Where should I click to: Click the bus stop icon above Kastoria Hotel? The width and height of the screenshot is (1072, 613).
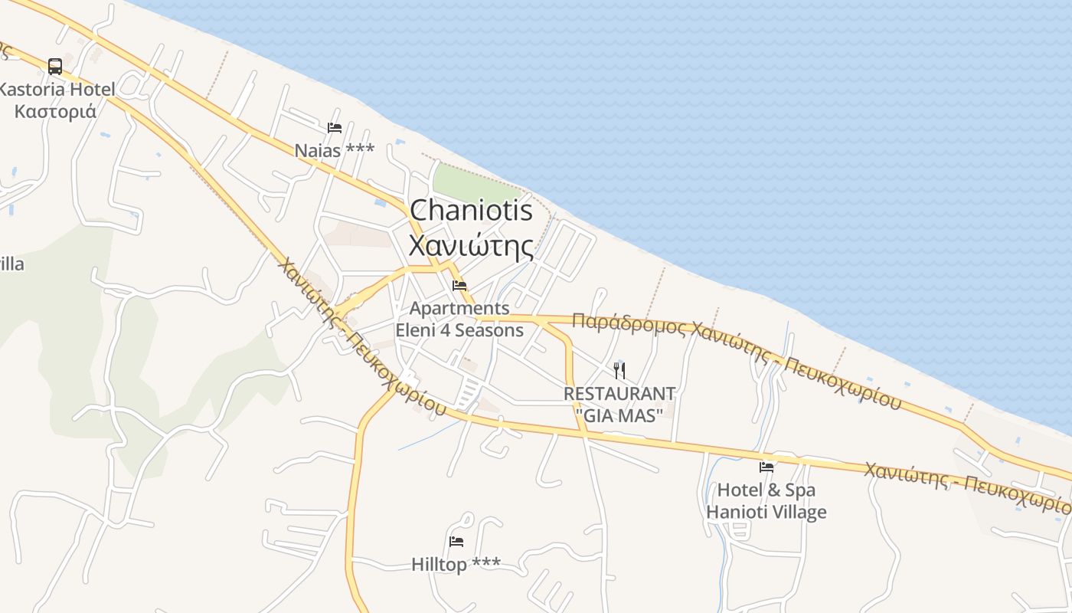[54, 66]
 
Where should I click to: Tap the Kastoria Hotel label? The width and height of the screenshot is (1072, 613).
[58, 90]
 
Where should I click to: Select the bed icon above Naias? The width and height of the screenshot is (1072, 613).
[335, 128]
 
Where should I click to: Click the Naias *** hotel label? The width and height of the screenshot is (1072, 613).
[335, 149]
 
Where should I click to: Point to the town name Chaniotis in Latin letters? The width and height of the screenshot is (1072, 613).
[471, 210]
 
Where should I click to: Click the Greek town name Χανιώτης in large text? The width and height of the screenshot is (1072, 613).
[471, 246]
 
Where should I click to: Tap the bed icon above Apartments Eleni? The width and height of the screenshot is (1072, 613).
[459, 286]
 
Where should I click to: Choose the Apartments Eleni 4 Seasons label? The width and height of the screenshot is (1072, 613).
[459, 320]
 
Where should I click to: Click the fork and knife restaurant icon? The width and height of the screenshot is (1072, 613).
[619, 371]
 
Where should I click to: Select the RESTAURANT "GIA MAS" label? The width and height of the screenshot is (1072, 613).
[619, 405]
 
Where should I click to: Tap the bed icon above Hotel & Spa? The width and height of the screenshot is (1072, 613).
[766, 467]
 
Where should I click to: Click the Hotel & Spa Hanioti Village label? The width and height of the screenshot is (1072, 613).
[766, 500]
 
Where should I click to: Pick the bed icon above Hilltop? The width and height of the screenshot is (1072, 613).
[456, 542]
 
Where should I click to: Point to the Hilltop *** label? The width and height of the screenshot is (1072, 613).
[456, 565]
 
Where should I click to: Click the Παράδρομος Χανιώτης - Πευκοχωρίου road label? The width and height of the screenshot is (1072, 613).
[735, 356]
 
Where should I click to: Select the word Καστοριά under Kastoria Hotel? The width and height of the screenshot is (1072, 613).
[56, 111]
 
